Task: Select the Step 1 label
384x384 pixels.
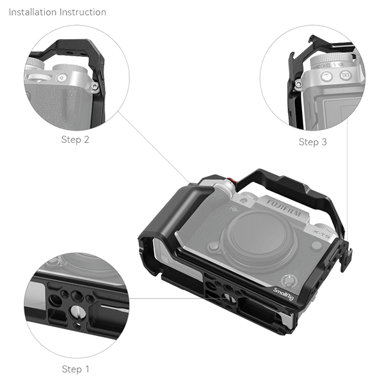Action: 76,369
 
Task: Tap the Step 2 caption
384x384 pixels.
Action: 75,140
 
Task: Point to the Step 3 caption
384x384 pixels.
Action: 312,142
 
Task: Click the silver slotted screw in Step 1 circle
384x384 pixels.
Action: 76,311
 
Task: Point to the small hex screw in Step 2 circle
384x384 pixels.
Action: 95,85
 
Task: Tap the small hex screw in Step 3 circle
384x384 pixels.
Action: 298,84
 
